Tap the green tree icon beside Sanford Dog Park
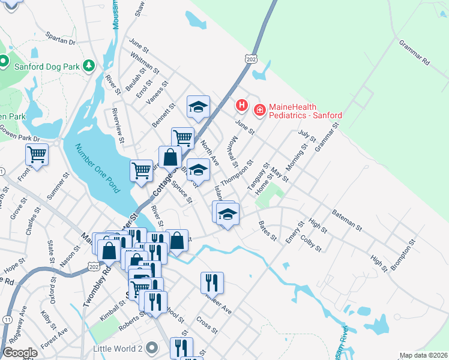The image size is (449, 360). (89, 65)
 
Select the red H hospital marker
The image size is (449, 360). (241, 106)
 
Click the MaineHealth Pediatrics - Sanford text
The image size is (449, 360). (305, 111)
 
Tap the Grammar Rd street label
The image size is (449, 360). (415, 52)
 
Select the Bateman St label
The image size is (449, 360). (348, 220)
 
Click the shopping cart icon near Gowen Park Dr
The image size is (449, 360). (37, 155)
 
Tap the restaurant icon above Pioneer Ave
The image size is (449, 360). (212, 282)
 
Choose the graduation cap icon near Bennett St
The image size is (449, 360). (198, 107)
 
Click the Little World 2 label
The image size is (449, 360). (117, 348)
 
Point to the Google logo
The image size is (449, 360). (20, 353)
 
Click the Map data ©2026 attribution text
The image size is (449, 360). (424, 355)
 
